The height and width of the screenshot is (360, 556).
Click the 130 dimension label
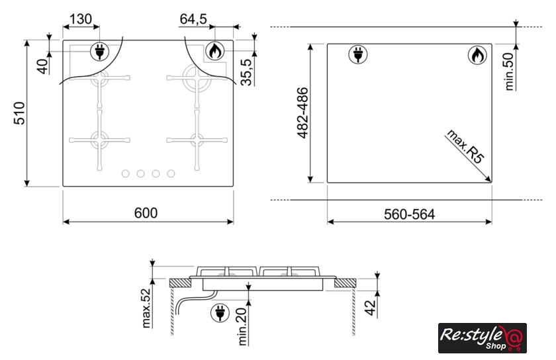(x=81, y=19)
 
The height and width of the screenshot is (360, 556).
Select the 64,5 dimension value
(x=193, y=19)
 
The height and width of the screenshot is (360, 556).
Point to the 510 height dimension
(x=19, y=113)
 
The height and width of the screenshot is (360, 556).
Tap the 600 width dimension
(x=146, y=213)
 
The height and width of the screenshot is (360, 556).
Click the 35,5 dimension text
(x=246, y=72)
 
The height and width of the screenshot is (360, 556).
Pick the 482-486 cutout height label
(x=303, y=112)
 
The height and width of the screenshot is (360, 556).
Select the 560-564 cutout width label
(x=409, y=214)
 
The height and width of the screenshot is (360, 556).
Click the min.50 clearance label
(x=509, y=71)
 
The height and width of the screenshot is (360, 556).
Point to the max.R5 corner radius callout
(x=465, y=146)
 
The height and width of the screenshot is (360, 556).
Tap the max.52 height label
(x=146, y=308)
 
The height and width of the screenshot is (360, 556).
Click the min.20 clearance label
(x=242, y=326)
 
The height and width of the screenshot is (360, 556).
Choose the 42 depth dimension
(x=370, y=308)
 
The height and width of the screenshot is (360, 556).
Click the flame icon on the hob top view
(x=215, y=51)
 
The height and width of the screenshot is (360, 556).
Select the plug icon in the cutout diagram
(x=358, y=55)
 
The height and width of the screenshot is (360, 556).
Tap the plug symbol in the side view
(x=220, y=313)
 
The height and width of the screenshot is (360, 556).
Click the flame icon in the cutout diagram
(x=477, y=55)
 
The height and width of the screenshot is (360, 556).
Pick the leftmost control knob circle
(x=125, y=173)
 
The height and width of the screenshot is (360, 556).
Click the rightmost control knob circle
(x=171, y=173)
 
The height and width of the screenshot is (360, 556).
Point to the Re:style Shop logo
(x=483, y=338)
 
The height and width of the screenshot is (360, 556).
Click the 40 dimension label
(x=42, y=66)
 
